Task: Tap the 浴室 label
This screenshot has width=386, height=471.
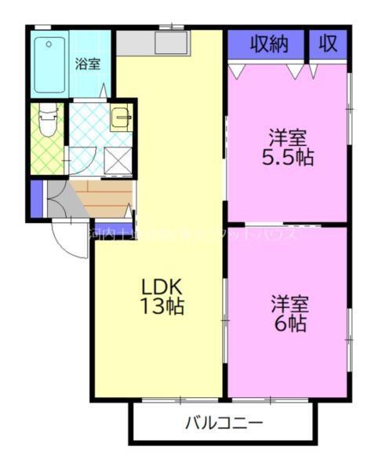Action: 87,64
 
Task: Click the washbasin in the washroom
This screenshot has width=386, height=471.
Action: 121,119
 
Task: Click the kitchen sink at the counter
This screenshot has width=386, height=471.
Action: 170,42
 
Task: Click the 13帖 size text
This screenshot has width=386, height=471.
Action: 162,307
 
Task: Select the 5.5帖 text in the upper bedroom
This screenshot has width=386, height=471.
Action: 287,158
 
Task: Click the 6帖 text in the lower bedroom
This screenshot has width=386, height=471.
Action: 289,323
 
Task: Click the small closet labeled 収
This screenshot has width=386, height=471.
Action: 328,45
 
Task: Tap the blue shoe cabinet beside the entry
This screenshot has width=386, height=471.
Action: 35,199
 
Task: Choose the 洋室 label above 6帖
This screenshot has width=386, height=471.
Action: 289,302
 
